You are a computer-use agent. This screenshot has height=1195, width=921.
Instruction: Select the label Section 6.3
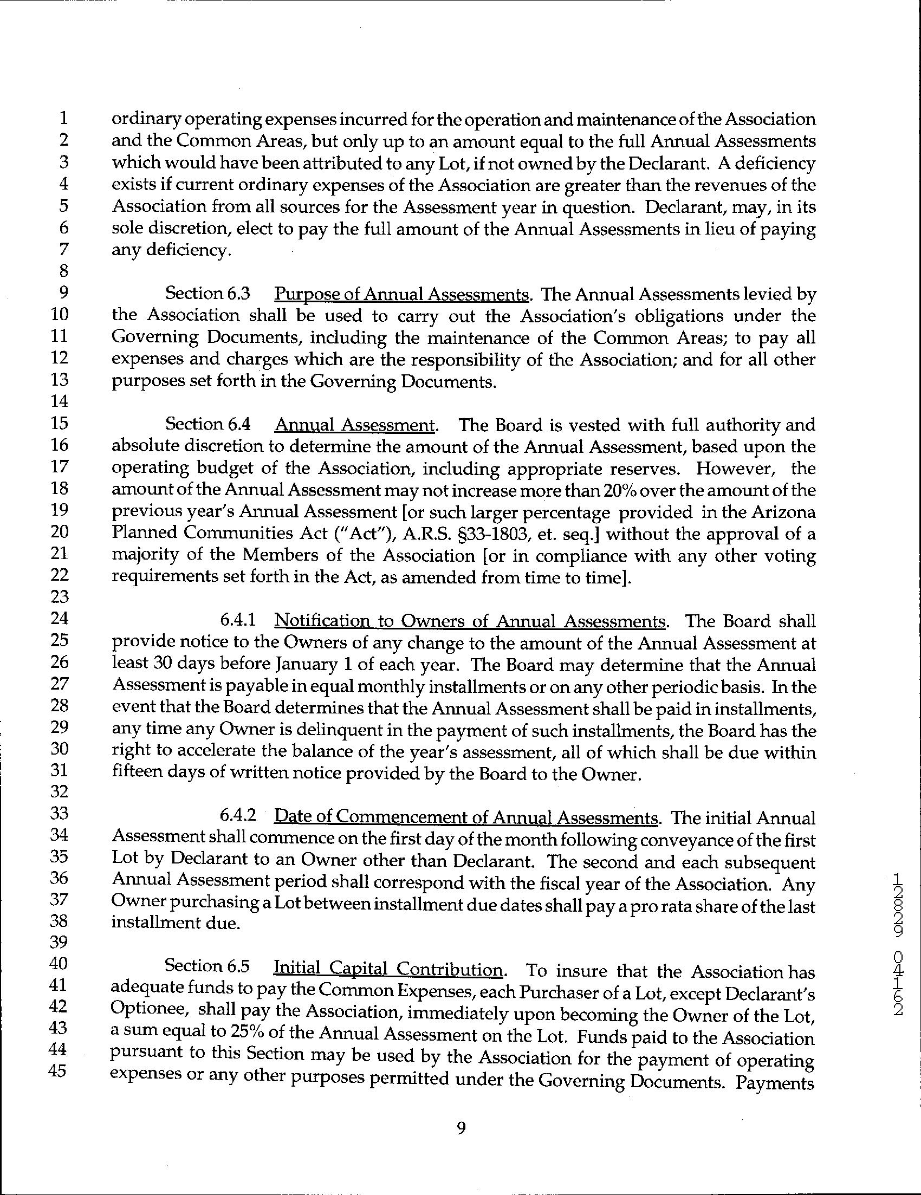tap(207, 294)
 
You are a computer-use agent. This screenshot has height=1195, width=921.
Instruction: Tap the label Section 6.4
tap(207, 425)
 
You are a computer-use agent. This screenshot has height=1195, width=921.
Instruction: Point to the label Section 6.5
tap(207, 967)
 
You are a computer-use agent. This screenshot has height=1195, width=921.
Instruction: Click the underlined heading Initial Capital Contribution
tap(388, 969)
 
